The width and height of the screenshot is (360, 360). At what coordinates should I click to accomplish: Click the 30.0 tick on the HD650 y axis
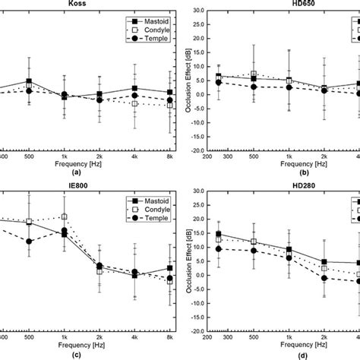191,11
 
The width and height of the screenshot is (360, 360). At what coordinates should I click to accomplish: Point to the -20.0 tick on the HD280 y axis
189,331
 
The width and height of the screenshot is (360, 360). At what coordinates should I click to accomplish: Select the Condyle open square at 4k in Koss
134,103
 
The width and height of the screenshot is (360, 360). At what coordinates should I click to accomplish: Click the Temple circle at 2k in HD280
324,278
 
